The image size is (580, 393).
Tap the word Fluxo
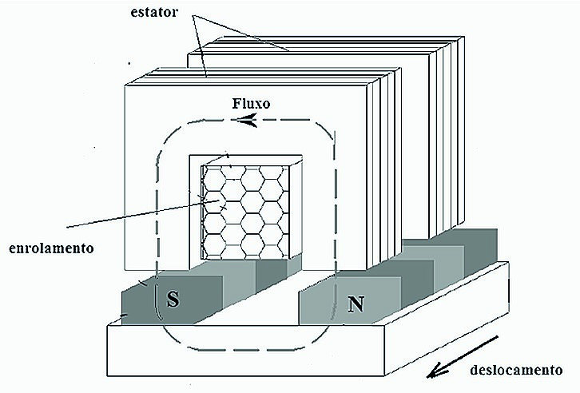click(254, 104)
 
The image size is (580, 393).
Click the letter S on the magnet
click(172, 300)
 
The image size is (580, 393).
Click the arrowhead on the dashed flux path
click(247, 121)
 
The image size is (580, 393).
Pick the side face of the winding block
click(295, 211)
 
